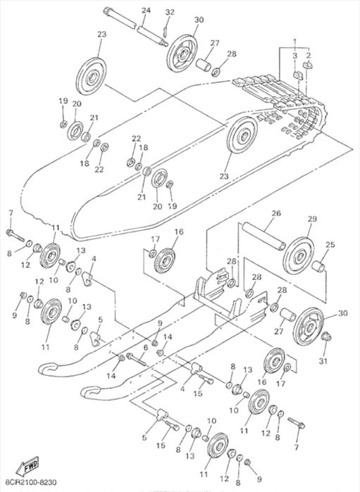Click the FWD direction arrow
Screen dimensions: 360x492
(27, 466)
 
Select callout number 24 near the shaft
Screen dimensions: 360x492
(146, 11)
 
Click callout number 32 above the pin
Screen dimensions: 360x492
(170, 12)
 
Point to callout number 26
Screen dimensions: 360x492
(276, 213)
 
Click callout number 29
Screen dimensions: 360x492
(312, 219)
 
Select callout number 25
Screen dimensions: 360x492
(330, 244)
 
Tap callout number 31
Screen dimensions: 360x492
(323, 362)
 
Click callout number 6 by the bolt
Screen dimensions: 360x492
(145, 348)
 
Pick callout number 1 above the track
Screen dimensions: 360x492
(294, 42)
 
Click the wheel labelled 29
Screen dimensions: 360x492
(299, 256)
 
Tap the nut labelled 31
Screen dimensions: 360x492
(325, 336)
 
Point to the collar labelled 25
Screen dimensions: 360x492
(318, 266)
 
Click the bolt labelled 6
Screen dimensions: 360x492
(137, 360)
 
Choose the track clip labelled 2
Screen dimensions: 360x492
(308, 65)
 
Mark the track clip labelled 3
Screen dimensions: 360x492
(297, 75)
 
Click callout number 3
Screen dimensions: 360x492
(294, 56)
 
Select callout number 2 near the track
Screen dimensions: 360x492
(309, 55)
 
